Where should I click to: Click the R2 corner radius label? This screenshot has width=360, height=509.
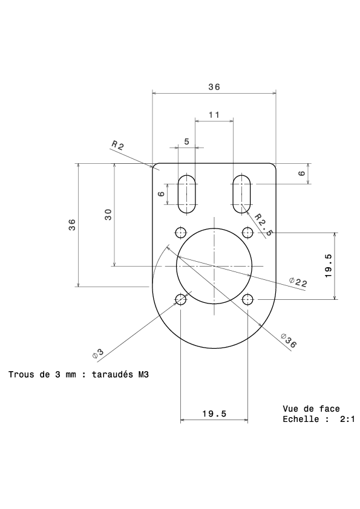click(x=117, y=144)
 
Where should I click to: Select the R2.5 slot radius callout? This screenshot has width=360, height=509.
click(x=263, y=224)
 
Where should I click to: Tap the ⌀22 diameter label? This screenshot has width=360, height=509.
click(x=298, y=282)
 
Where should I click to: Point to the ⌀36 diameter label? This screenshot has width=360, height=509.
click(x=289, y=340)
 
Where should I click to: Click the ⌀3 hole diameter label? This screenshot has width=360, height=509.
click(x=98, y=354)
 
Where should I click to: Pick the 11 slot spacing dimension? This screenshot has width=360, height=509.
click(x=214, y=115)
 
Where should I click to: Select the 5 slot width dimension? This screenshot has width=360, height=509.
click(x=186, y=141)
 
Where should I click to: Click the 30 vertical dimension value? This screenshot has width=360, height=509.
click(x=108, y=215)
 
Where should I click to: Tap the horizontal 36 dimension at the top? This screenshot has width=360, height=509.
click(x=214, y=87)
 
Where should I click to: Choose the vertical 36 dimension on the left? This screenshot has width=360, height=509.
click(x=72, y=225)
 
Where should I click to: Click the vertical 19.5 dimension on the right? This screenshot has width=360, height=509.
click(x=328, y=265)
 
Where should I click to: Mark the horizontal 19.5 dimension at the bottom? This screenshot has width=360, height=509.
click(x=214, y=414)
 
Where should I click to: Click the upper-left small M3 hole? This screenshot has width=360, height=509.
click(x=181, y=232)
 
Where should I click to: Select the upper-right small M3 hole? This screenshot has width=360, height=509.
click(x=247, y=232)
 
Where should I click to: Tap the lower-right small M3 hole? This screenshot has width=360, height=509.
click(x=247, y=299)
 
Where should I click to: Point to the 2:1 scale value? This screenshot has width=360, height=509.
click(x=347, y=419)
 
